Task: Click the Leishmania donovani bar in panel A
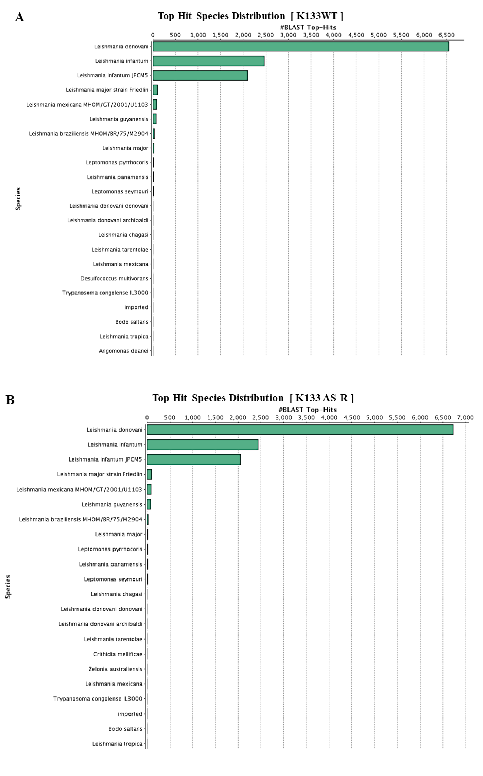click(300, 47)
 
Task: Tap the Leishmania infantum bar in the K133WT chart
click(208, 61)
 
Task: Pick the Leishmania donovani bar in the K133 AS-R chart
click(300, 430)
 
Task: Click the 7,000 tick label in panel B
click(465, 418)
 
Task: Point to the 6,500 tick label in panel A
click(446, 35)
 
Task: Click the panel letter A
click(19, 17)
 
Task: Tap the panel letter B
click(10, 400)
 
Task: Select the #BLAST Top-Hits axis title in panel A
click(308, 27)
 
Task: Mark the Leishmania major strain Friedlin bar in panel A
click(155, 90)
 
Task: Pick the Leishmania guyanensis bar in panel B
click(149, 504)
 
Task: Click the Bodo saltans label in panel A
click(132, 322)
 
